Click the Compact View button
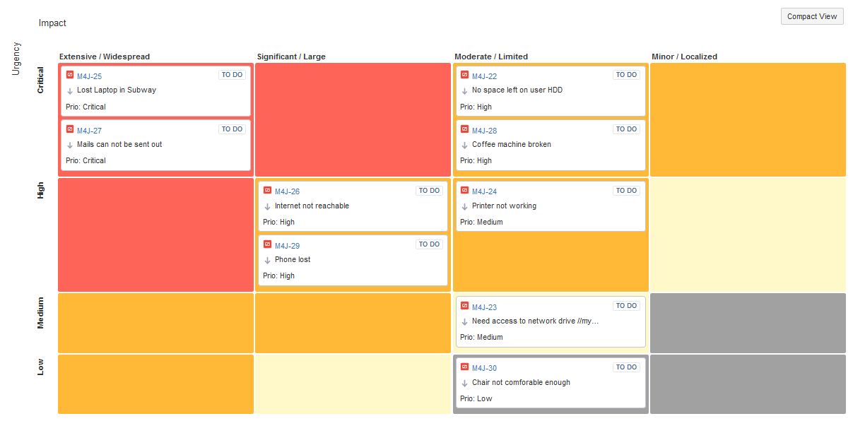(811, 16)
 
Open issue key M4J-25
(89, 76)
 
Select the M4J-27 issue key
(89, 131)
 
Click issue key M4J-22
(484, 76)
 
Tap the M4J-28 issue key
(484, 131)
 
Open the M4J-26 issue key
(287, 191)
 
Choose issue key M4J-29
(287, 246)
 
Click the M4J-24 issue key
(484, 191)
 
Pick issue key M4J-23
(484, 307)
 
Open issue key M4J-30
(484, 368)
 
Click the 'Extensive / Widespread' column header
(105, 57)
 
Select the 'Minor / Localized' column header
(684, 57)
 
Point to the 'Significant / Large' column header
(291, 57)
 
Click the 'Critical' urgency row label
(40, 80)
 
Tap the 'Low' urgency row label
(40, 367)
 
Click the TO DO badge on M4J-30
(626, 367)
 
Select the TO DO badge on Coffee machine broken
(626, 129)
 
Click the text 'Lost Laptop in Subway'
(117, 90)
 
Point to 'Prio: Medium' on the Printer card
(481, 222)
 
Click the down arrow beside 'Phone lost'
(267, 260)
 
